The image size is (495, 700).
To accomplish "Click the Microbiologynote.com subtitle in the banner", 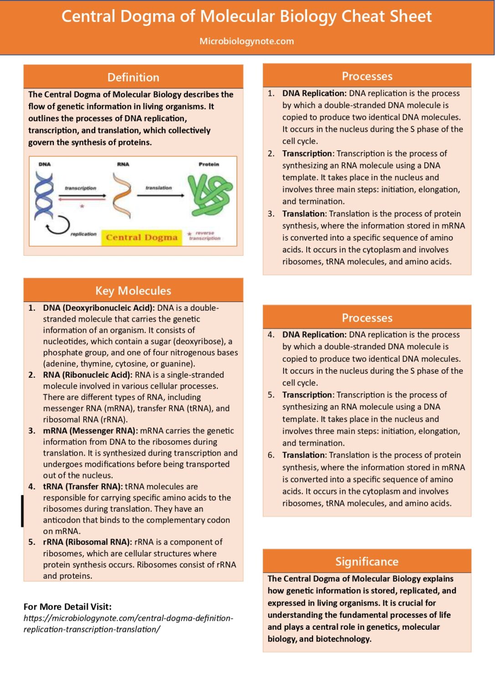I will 247,41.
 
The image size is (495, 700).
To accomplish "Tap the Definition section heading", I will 133,77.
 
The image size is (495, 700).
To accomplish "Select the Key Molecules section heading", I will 133,291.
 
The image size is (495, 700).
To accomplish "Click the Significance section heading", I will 367,561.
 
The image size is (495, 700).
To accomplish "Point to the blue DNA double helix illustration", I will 44,195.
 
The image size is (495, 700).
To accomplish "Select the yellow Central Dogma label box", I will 141,237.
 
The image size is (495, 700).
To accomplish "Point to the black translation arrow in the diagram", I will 160,196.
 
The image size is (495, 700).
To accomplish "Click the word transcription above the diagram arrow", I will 81,188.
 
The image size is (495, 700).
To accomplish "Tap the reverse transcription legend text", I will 205,236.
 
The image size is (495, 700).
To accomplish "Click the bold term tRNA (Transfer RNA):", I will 82,487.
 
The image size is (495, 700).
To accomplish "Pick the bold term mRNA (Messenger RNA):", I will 90,431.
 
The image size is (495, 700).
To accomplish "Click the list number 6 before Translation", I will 271,455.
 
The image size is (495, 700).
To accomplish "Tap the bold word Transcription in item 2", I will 307,154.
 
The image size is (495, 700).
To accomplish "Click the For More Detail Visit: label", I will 67,607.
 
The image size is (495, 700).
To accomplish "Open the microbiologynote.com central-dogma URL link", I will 128,624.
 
